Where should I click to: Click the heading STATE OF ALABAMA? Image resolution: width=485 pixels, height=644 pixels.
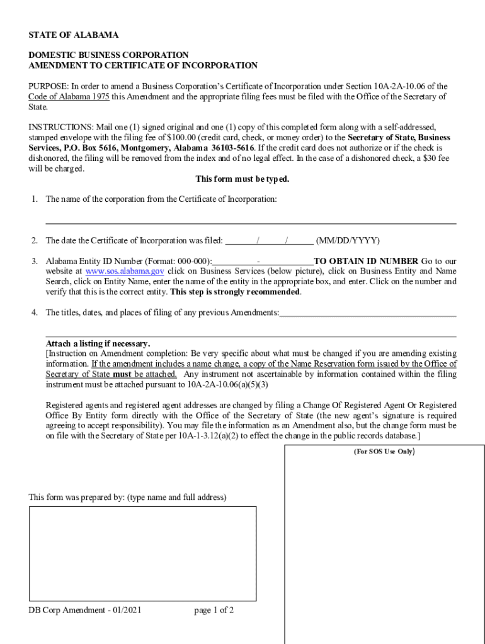click(x=74, y=35)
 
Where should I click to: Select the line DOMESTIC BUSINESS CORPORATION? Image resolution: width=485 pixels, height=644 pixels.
click(x=108, y=55)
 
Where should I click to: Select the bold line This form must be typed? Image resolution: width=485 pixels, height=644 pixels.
click(x=243, y=179)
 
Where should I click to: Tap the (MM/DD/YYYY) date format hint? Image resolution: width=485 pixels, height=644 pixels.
click(x=348, y=240)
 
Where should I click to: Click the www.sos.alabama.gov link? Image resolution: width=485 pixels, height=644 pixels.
click(x=125, y=271)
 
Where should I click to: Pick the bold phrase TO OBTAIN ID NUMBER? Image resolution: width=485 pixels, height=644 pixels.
click(x=366, y=261)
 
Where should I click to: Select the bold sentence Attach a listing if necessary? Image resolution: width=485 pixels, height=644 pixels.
click(x=98, y=343)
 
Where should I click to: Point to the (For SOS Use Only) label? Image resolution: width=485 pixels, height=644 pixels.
click(x=383, y=452)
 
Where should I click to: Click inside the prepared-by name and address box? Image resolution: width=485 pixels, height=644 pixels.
click(x=142, y=553)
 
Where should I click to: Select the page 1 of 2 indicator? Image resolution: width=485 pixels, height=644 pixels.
click(x=214, y=610)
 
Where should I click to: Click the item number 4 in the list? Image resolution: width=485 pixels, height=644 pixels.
click(x=35, y=313)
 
